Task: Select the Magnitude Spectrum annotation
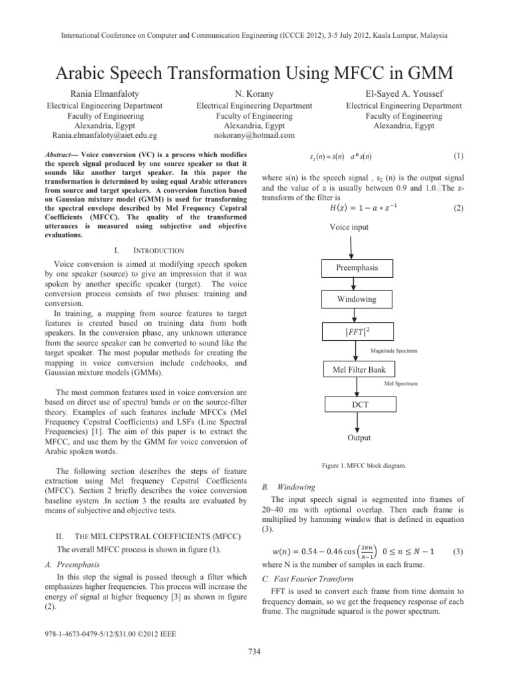[x=394, y=350]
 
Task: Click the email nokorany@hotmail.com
[x=254, y=136]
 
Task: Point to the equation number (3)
[x=458, y=552]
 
